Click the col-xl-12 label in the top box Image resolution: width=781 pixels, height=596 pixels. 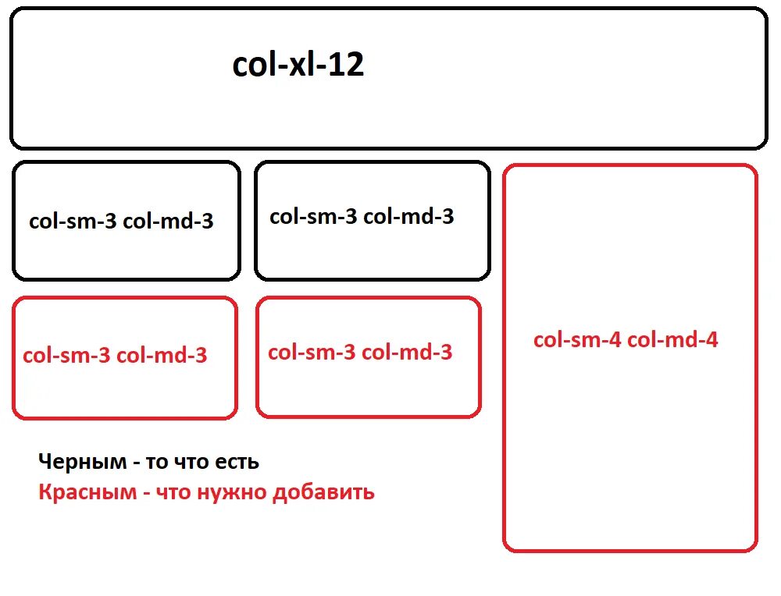[298, 66]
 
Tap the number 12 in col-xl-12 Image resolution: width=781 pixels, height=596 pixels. [345, 66]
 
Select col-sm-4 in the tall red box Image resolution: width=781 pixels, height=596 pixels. [577, 340]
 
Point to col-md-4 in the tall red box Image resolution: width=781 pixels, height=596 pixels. [673, 340]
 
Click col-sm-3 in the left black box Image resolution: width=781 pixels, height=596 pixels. [73, 222]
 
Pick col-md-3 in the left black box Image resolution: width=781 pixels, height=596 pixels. [169, 222]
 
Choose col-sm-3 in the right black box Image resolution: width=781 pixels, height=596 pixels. [313, 216]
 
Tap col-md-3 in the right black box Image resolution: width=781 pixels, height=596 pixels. [409, 216]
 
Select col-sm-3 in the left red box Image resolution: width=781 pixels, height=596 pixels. [66, 356]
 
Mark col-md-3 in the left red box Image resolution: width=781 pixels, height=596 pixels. [162, 356]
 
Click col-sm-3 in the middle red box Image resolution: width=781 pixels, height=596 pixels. [312, 352]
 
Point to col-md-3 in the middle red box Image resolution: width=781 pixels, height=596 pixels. [408, 352]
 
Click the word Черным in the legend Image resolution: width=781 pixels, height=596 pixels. [82, 462]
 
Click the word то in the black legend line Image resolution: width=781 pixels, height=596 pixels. [156, 462]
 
